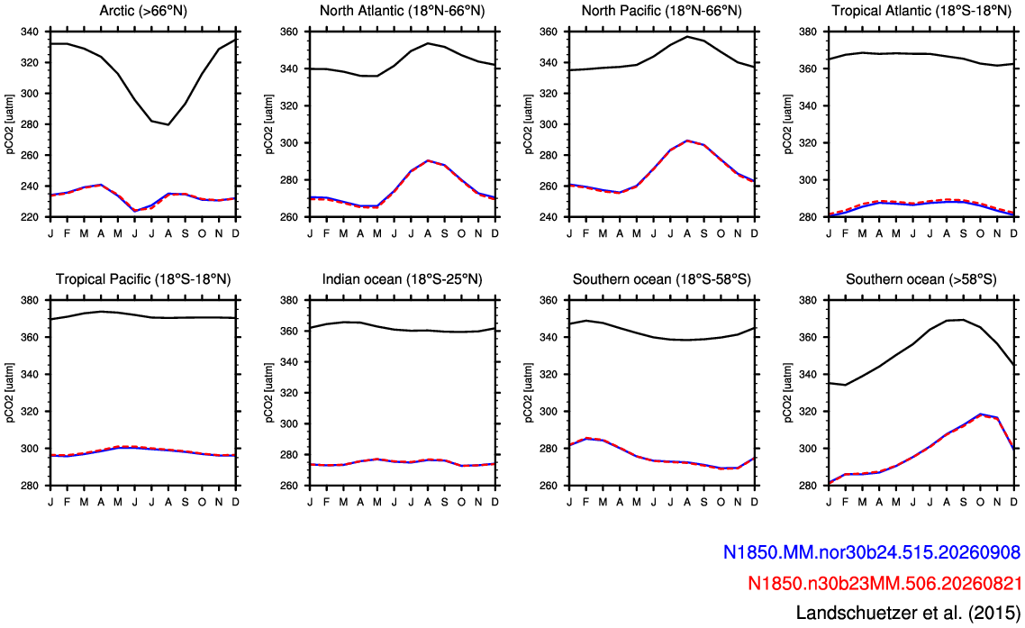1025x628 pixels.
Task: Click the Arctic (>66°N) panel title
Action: (x=143, y=11)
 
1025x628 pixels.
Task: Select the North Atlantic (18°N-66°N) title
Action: (x=402, y=11)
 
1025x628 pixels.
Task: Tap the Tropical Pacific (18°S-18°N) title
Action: (x=143, y=279)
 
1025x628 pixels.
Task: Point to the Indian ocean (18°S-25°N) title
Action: (x=402, y=279)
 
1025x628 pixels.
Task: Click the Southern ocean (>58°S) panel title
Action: (x=921, y=279)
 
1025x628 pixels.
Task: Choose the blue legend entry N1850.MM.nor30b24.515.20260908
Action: (x=871, y=553)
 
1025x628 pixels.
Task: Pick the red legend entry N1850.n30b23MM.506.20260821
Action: (x=884, y=583)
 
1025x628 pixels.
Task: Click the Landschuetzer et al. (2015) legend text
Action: (x=908, y=613)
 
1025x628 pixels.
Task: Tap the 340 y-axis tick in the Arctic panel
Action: (x=30, y=32)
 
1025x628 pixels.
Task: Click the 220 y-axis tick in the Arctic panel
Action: (x=30, y=217)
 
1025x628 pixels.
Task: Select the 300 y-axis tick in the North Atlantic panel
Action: (x=289, y=142)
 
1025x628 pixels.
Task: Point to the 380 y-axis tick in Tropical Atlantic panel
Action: (x=808, y=32)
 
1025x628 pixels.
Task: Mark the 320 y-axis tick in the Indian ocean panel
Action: (x=289, y=393)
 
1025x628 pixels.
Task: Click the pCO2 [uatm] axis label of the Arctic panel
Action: (x=10, y=124)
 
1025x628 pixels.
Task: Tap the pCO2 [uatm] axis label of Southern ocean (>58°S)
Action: (x=788, y=393)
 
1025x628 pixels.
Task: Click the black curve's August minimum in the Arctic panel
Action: (x=168, y=124)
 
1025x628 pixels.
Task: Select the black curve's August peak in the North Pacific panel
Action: (x=687, y=36)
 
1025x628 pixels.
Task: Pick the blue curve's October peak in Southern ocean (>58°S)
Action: (x=980, y=414)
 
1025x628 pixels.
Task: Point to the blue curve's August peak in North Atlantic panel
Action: (x=428, y=160)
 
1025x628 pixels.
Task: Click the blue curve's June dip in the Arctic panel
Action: (x=135, y=211)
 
